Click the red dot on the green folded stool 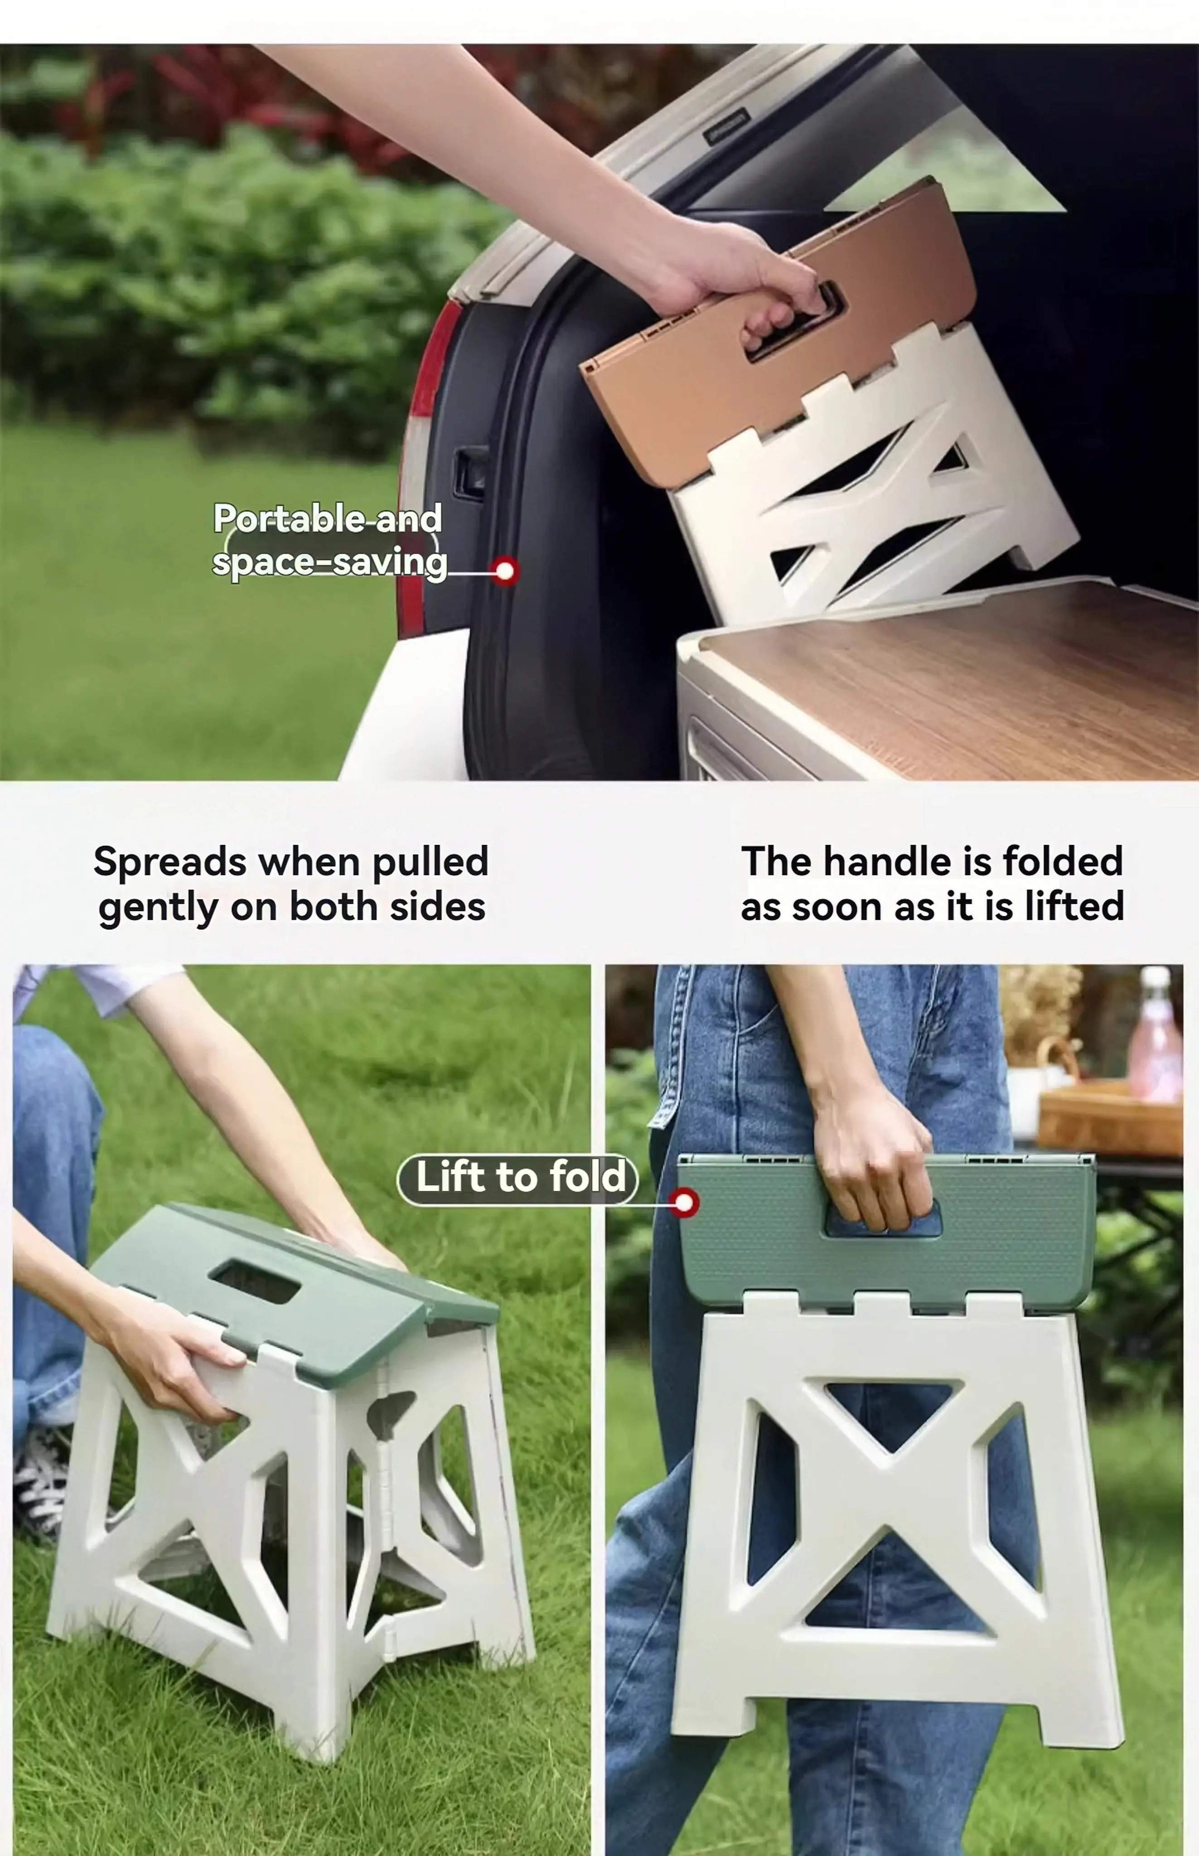(x=684, y=1203)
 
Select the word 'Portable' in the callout (x=289, y=518)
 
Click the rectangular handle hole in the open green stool (x=255, y=1281)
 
